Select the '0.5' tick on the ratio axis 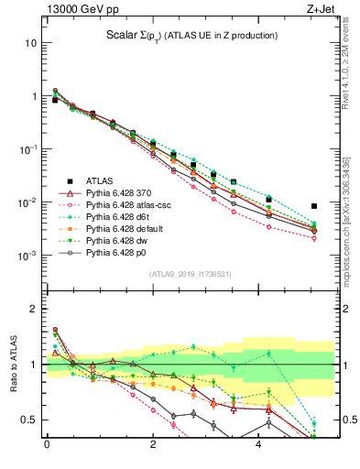tap(27, 420)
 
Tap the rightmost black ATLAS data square tap(314, 206)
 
